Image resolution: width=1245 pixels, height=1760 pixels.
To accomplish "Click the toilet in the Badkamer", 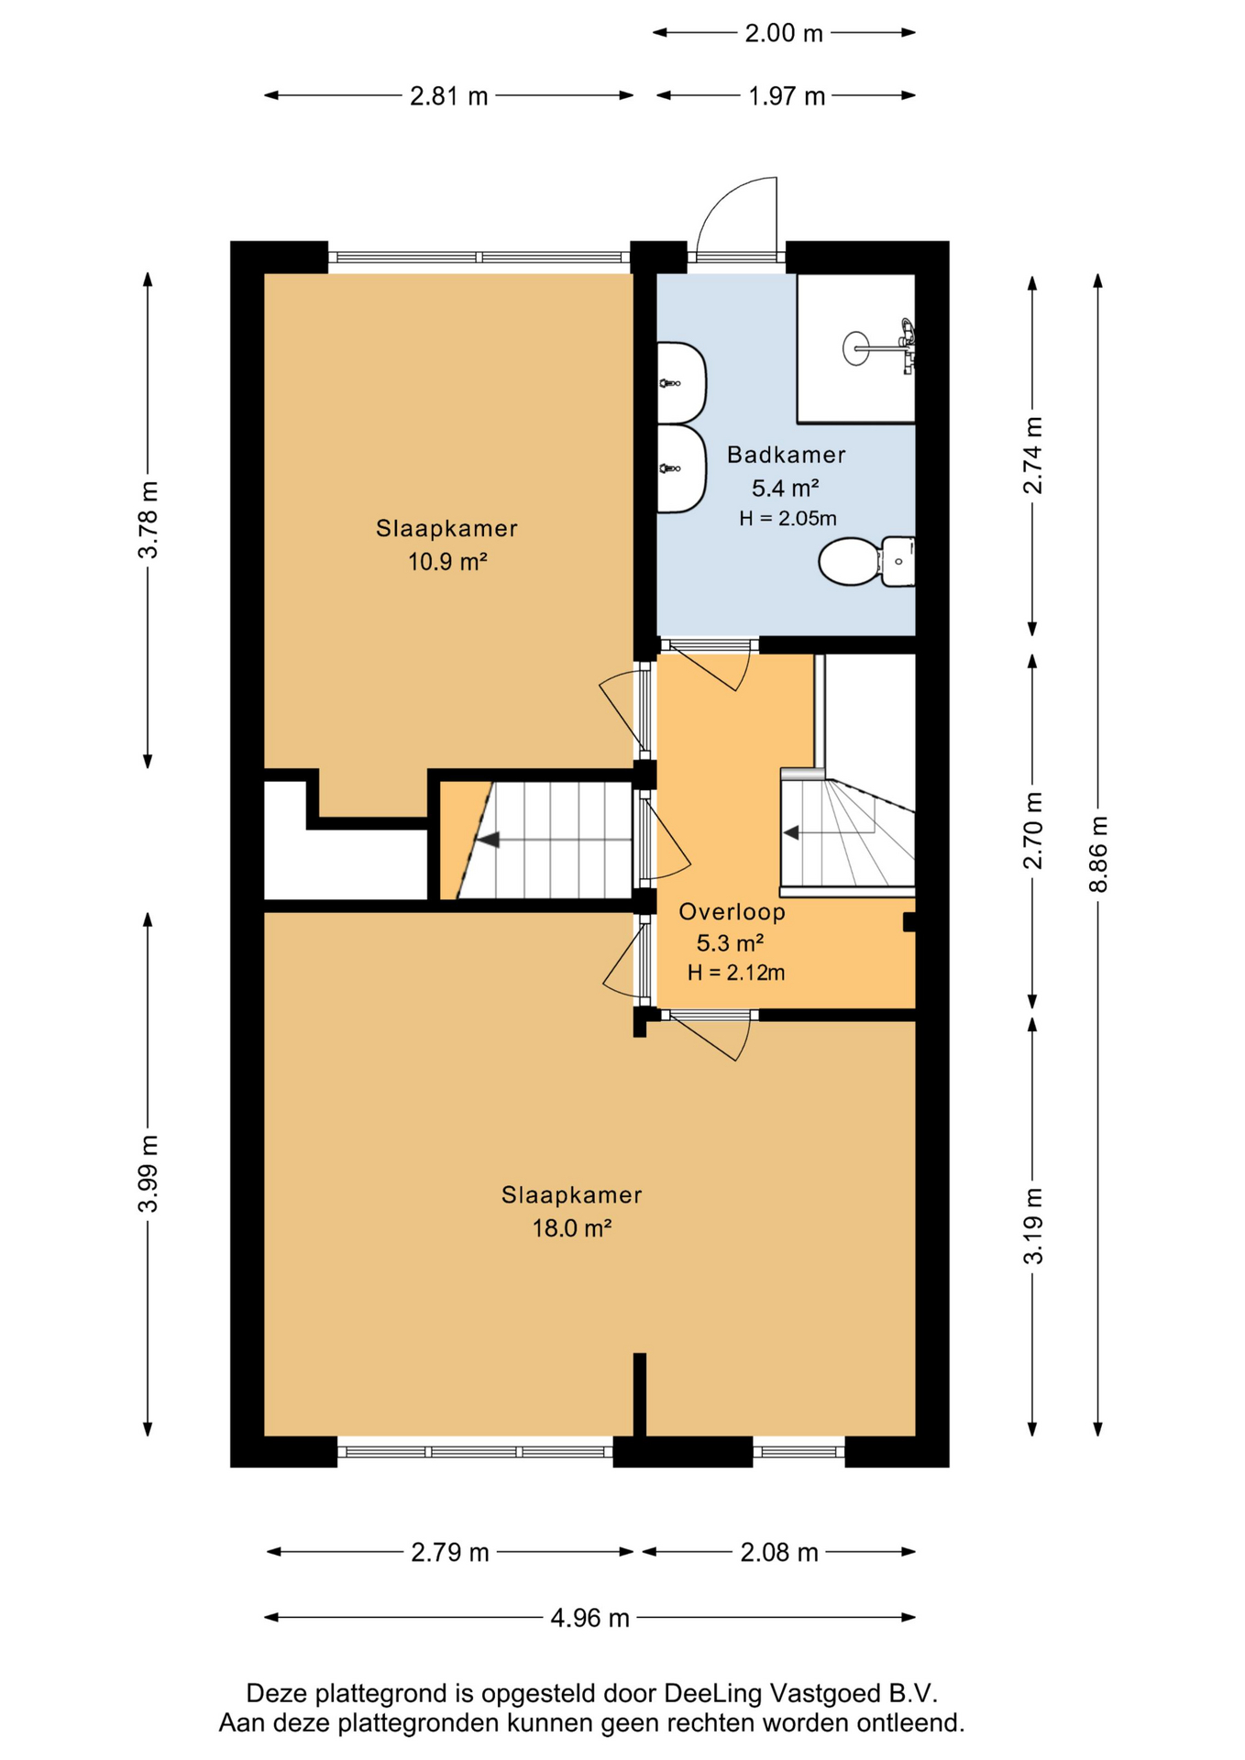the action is point(866,561).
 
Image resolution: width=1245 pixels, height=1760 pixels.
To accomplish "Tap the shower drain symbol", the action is point(855,348).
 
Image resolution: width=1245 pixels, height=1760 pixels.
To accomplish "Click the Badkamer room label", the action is point(786,455).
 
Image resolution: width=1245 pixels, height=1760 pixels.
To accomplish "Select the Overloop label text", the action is point(732,912).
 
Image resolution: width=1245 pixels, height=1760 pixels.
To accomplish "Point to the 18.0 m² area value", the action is point(572,1227).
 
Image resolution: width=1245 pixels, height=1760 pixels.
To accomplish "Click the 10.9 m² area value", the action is point(447,561).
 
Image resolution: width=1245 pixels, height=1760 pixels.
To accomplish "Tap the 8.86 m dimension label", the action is point(1098,853).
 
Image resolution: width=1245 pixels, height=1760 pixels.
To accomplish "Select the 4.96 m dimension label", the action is point(589,1618).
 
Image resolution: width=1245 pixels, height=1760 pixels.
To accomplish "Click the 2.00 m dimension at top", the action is point(784,33).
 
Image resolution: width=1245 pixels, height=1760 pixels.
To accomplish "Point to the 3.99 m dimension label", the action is point(149,1173).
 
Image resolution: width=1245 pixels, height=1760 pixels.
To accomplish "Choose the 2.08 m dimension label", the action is point(779,1552).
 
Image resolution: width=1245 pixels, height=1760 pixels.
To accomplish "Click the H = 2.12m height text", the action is point(736,973).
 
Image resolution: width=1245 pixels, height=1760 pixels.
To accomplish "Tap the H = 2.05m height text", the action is point(788,518).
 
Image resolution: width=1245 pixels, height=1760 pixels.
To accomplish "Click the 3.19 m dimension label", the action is point(1033,1226).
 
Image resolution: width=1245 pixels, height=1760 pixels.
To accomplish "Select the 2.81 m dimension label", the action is point(449,96).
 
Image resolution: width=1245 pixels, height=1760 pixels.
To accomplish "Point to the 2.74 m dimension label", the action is point(1033,455).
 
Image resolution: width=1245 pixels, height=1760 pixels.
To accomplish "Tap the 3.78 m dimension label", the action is point(149,519).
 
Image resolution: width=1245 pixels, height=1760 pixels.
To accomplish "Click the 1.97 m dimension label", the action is point(787,96).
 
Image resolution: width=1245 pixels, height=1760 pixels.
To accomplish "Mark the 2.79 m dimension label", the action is point(450,1552).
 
